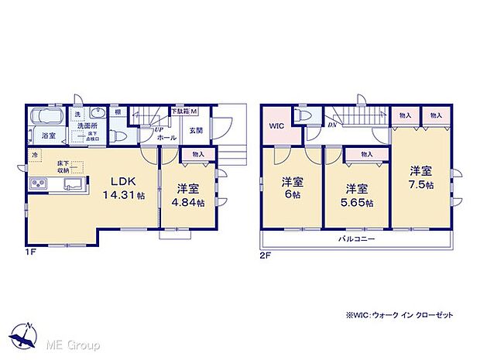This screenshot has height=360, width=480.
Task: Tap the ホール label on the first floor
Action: [x=166, y=137]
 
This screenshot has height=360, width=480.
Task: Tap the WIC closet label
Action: [x=276, y=125]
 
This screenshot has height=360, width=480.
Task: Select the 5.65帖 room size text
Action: [x=357, y=203]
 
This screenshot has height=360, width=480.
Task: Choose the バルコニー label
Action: [x=356, y=239]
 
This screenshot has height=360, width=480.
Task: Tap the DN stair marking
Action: [x=331, y=125]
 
